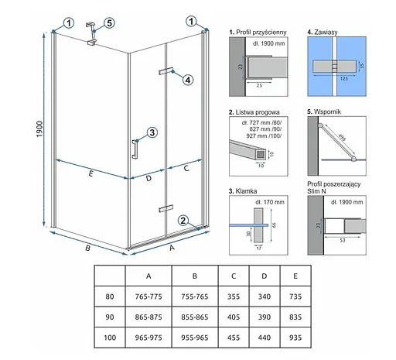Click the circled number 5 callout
(109, 23)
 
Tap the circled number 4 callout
(188, 80)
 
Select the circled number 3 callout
(152, 132)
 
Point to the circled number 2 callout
(183, 221)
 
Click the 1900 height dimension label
(39, 129)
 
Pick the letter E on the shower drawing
(90, 173)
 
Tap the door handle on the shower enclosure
(135, 149)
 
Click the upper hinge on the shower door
(166, 71)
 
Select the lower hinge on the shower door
(166, 208)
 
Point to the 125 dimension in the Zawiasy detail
(344, 78)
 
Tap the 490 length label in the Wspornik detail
(342, 137)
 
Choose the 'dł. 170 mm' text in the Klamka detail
(270, 202)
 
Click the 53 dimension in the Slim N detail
(342, 240)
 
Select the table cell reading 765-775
(148, 297)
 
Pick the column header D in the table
(265, 276)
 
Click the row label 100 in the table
(110, 338)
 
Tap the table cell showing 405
(234, 317)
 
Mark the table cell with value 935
(295, 338)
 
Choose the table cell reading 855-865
(195, 317)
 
